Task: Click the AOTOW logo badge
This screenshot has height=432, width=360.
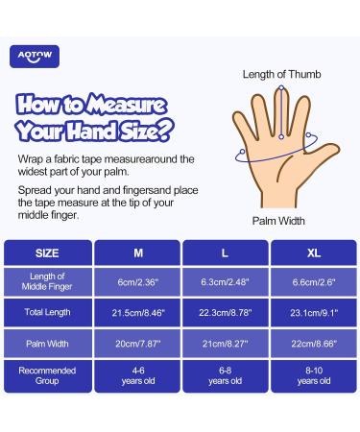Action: [35, 57]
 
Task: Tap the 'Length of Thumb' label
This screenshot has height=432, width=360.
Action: [281, 74]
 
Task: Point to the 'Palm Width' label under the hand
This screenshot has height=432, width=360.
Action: [278, 221]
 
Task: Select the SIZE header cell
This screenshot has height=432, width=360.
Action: [48, 252]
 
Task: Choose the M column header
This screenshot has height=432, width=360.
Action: [137, 252]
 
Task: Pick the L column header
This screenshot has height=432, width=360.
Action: [226, 252]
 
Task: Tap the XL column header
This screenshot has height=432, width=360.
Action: [314, 252]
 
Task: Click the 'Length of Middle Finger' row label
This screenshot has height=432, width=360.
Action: [48, 281]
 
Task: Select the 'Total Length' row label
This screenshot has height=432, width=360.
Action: [48, 312]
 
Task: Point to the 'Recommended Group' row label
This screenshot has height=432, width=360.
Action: [48, 375]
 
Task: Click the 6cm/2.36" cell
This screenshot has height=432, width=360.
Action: [137, 281]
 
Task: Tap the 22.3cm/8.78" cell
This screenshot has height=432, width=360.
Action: [226, 312]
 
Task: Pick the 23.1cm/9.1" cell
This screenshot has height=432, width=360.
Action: [314, 312]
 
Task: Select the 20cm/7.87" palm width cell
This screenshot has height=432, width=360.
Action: [137, 344]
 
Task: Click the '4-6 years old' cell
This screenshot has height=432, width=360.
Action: [137, 375]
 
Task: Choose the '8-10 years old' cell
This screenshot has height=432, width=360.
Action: [314, 375]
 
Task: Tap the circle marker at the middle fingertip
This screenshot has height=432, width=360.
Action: [281, 87]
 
